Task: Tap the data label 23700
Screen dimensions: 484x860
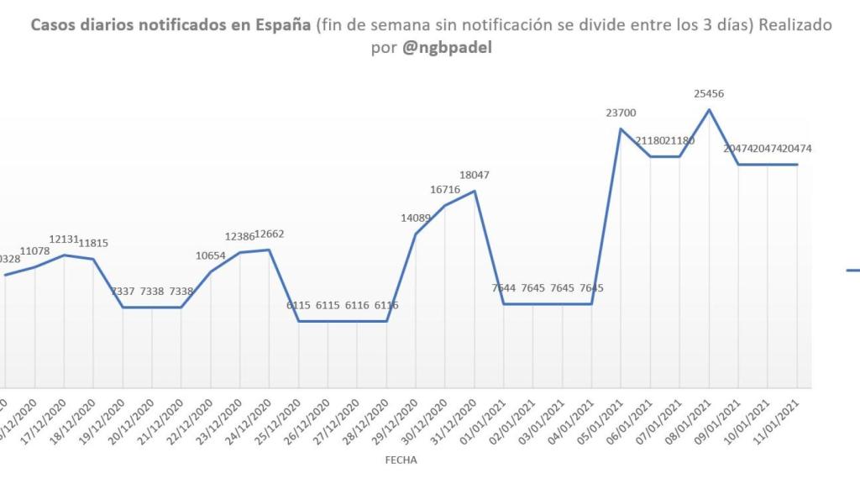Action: point(621,113)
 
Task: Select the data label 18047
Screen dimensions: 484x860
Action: point(475,175)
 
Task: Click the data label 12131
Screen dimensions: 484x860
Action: point(65,239)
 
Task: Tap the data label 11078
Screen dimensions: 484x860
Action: point(35,250)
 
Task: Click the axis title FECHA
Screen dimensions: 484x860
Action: point(401,460)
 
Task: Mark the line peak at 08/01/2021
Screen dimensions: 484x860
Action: point(710,109)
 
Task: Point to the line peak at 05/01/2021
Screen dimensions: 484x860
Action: point(621,129)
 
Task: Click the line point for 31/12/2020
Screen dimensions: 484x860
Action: point(475,191)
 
